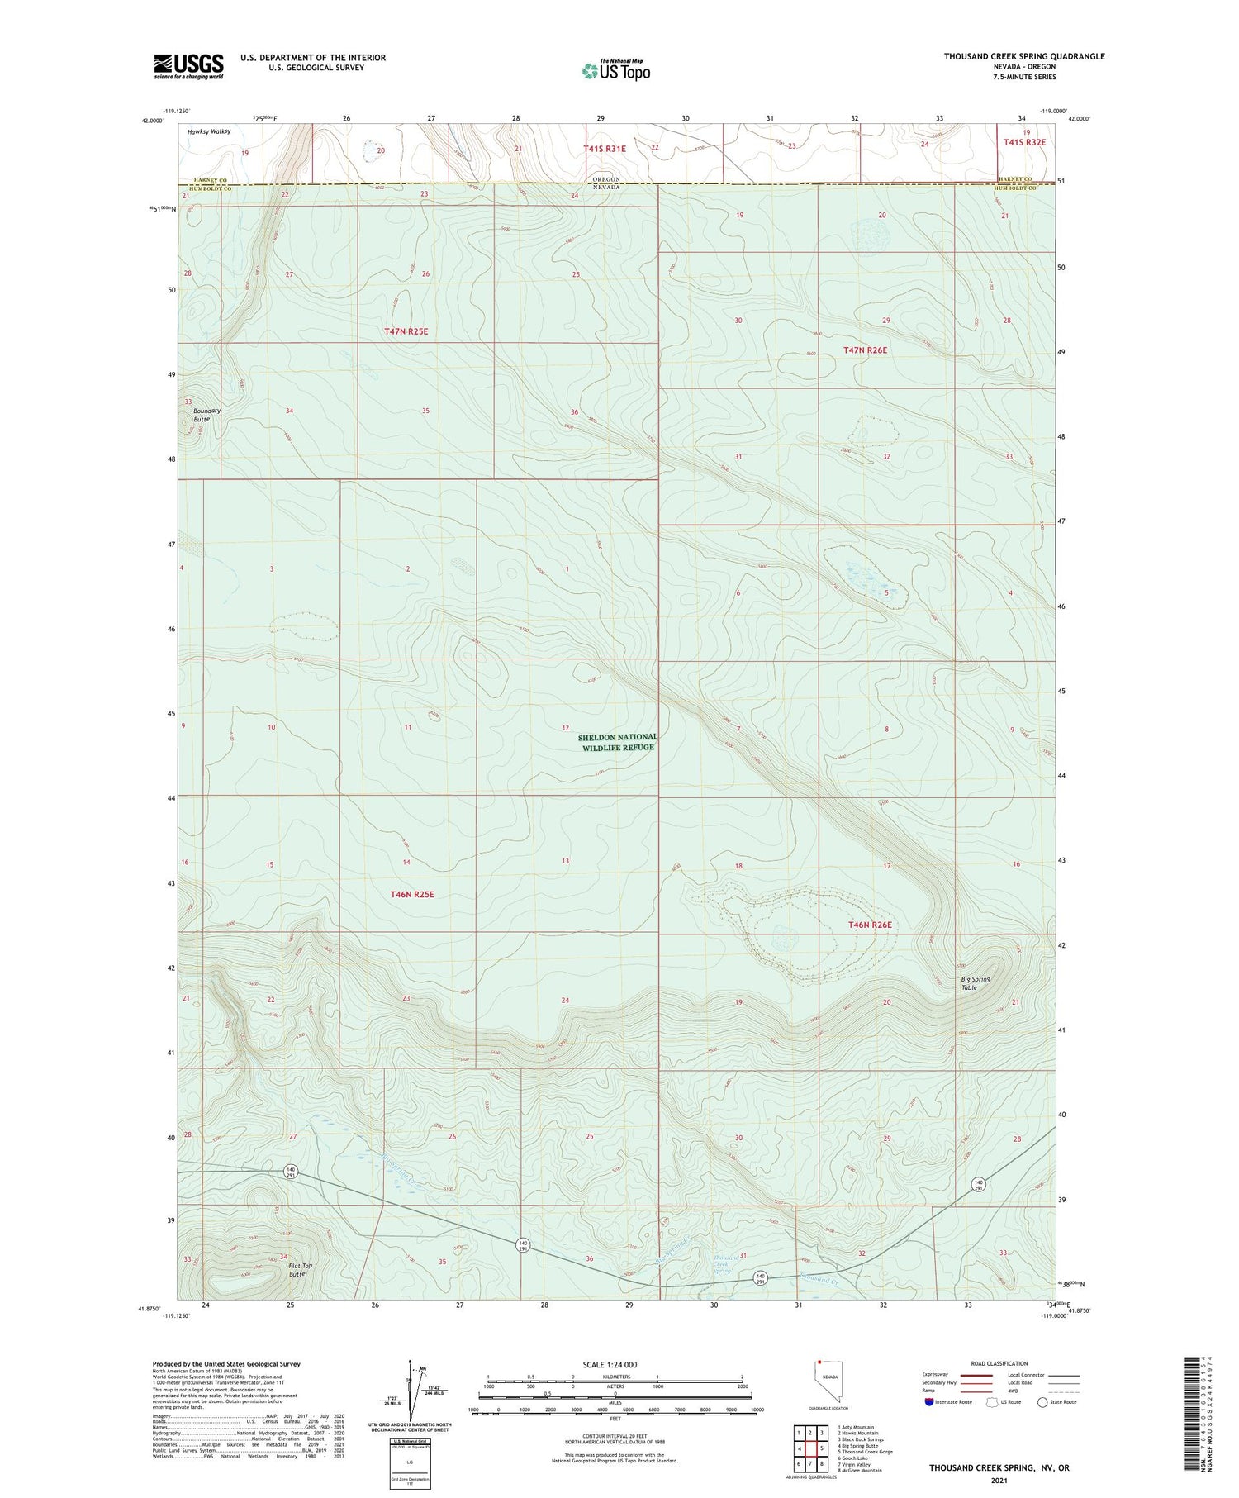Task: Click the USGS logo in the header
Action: (x=188, y=66)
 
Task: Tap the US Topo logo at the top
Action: (x=616, y=71)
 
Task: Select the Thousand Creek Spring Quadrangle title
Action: (x=1024, y=56)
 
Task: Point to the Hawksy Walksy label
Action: (x=209, y=131)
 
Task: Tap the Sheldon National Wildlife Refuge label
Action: (x=617, y=742)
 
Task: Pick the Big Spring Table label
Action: (x=976, y=983)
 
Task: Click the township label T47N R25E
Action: (x=406, y=331)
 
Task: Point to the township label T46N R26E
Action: (x=870, y=925)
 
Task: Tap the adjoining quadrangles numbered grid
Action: (x=810, y=1448)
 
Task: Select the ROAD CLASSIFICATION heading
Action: (x=999, y=1363)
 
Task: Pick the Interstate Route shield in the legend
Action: (x=928, y=1401)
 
